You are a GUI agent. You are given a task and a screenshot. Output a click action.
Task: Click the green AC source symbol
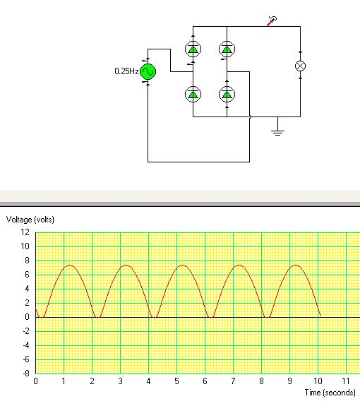click(148, 71)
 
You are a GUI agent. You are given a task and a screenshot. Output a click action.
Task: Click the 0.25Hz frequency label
click(126, 71)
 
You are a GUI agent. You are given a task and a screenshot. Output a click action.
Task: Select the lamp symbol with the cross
click(300, 66)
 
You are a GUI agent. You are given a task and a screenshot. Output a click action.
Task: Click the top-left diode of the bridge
click(193, 49)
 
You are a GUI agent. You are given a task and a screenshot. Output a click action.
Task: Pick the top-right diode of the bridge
click(227, 49)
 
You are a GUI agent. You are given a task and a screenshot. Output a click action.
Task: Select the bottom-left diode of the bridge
click(193, 94)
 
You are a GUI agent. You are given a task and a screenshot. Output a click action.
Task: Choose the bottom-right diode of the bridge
click(227, 94)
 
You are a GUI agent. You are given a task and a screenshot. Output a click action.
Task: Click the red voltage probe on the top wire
click(272, 21)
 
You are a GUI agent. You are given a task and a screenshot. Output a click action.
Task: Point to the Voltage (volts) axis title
click(30, 220)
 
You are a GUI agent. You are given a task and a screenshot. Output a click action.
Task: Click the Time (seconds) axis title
click(330, 393)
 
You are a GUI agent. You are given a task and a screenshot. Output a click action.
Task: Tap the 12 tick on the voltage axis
click(25, 232)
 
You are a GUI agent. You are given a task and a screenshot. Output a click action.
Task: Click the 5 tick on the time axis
click(176, 381)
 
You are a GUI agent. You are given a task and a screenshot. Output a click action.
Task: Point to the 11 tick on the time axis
click(346, 381)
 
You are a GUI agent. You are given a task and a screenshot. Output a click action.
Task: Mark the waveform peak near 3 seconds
click(126, 265)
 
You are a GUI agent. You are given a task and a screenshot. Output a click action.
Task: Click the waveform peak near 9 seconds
click(295, 265)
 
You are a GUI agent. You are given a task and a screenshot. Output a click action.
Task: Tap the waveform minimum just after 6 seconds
click(211, 317)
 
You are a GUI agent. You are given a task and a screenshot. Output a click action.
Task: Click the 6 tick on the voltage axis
click(27, 275)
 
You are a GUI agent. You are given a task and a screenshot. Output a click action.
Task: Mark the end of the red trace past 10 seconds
click(320, 316)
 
